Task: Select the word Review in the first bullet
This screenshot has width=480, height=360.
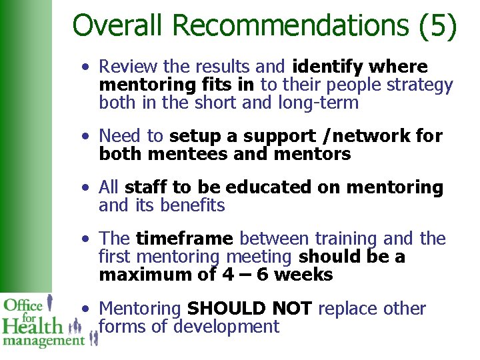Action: (127, 67)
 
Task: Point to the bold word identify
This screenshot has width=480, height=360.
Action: (328, 67)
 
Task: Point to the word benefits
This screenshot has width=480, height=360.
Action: (193, 206)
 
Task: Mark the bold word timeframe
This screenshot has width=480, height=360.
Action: (185, 239)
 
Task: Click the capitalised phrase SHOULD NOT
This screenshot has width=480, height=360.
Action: (250, 309)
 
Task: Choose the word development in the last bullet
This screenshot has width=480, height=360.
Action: (226, 327)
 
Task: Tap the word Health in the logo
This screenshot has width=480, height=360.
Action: (31, 326)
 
